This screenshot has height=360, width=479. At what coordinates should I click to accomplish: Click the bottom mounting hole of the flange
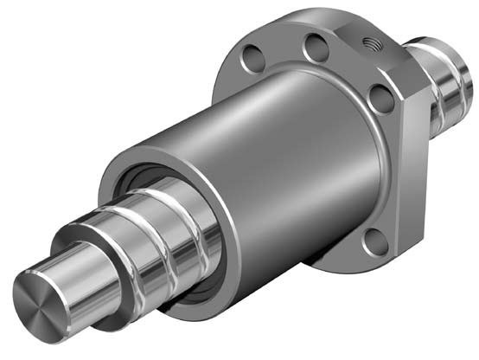point(374,245)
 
